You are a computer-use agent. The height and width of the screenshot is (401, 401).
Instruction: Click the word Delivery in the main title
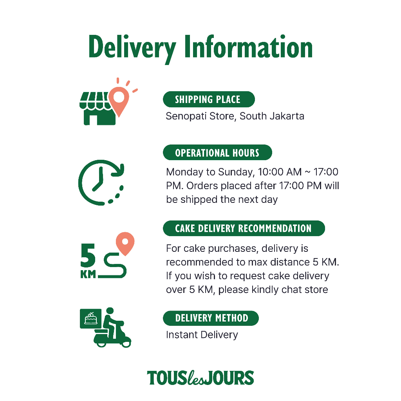click(x=132, y=48)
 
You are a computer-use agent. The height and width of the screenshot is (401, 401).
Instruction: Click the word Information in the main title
click(x=249, y=47)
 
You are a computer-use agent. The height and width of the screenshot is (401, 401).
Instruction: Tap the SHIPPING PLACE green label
click(x=208, y=99)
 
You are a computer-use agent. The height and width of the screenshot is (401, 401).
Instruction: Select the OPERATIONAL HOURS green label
click(x=217, y=152)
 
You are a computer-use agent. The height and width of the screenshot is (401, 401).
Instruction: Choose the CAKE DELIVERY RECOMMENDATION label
click(x=244, y=228)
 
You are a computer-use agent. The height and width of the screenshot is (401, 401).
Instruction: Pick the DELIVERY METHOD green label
click(x=211, y=318)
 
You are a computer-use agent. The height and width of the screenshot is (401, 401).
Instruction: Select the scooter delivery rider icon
click(x=113, y=329)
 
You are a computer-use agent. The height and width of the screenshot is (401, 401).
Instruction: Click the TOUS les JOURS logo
click(x=200, y=378)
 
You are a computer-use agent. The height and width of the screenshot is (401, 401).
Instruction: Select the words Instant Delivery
click(x=202, y=335)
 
